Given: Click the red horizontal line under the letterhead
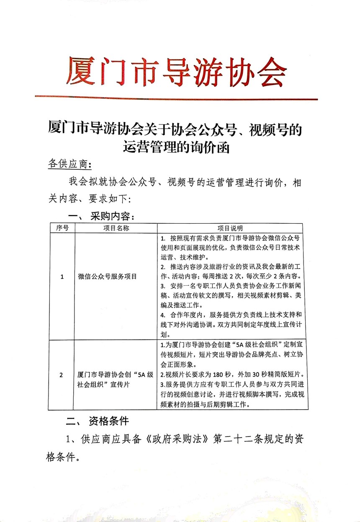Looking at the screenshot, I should [x=176, y=98].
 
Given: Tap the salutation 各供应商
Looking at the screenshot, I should [x=69, y=164].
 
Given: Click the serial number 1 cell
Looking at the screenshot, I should [x=62, y=277].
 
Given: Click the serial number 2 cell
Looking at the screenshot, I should [x=62, y=375].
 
